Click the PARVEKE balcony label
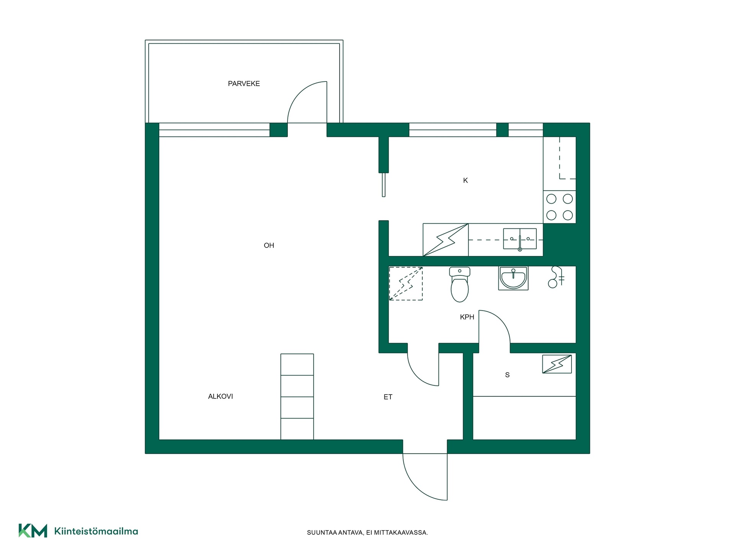point(244,83)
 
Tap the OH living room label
point(269,245)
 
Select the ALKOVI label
point(220,396)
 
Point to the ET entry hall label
point(388,397)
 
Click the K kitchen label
point(465,180)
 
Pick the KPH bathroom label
point(467,317)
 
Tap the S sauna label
point(507,375)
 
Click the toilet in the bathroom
point(459,284)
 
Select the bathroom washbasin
point(513,278)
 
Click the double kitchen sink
point(520,239)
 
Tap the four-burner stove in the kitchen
point(559,207)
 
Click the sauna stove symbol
point(557,364)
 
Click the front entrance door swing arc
point(415,487)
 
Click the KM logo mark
point(33,531)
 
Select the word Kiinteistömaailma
point(96,531)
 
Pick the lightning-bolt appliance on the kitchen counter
point(446,240)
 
